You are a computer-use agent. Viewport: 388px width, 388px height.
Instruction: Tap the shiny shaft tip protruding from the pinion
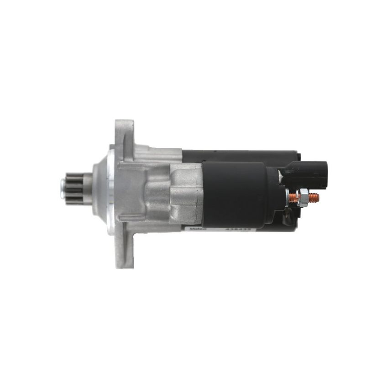(x=63, y=188)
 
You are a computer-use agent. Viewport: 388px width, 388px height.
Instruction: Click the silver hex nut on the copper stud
(x=304, y=198)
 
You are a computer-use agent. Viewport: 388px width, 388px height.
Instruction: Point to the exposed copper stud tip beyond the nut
(x=315, y=198)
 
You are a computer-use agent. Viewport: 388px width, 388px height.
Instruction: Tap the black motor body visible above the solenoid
(x=237, y=155)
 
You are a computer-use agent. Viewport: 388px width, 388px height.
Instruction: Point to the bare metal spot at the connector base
(x=280, y=176)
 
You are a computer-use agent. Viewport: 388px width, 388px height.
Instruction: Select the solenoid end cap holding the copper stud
(x=274, y=196)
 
